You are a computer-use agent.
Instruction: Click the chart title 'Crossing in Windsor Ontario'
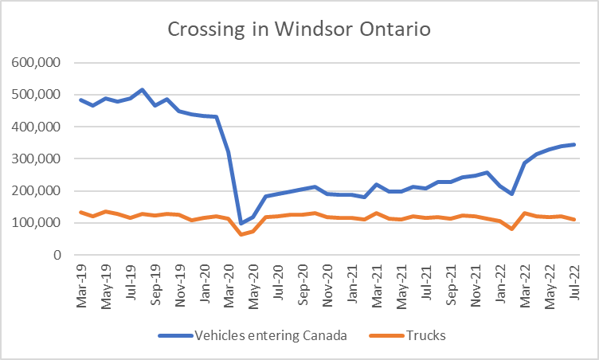(x=299, y=30)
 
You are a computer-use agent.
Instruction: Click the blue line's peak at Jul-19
(x=143, y=89)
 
